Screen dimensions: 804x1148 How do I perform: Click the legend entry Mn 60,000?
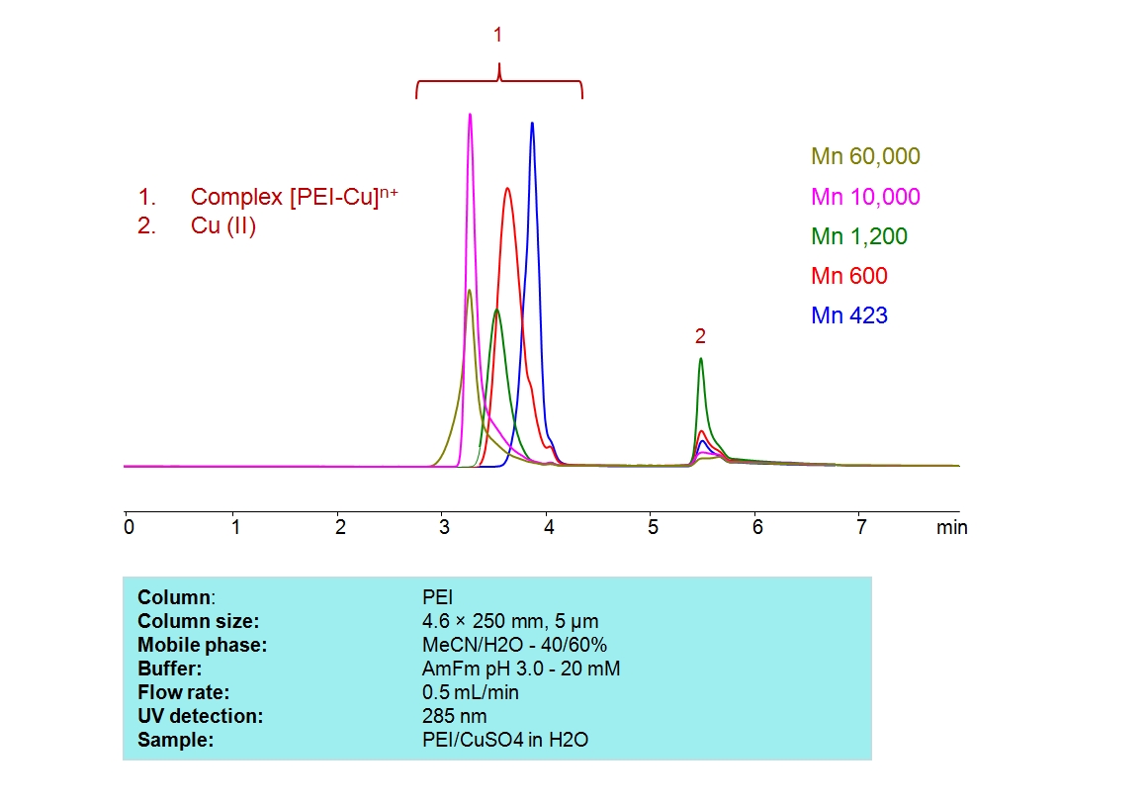pos(865,156)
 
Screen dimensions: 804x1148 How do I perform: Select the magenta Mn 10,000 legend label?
pos(865,197)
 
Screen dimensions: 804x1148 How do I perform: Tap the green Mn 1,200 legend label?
pos(858,236)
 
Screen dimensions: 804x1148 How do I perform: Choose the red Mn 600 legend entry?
pos(848,276)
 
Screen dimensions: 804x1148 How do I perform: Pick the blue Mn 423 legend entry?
pos(848,316)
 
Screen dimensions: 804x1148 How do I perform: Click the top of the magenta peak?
pos(470,115)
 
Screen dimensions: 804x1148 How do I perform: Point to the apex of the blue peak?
pos(532,124)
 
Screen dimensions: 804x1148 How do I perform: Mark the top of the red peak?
pos(507,189)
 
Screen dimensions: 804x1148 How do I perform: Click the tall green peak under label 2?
pos(700,359)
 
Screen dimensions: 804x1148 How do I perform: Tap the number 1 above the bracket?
pos(497,36)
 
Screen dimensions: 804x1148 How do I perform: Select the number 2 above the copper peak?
pos(700,336)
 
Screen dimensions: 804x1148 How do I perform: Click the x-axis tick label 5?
pos(652,527)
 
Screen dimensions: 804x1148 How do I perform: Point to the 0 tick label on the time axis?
pos(129,527)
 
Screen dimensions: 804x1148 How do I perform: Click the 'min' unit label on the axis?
pos(951,527)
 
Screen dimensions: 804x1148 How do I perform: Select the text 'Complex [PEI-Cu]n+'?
pos(295,197)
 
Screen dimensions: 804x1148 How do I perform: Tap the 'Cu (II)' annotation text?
pos(223,226)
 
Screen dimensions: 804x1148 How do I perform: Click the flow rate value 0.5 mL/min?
pos(470,692)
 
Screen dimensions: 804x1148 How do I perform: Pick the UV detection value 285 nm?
pos(454,716)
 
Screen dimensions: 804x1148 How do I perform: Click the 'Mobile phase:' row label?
pos(203,645)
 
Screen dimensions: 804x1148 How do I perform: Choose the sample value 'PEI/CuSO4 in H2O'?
pos(504,740)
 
